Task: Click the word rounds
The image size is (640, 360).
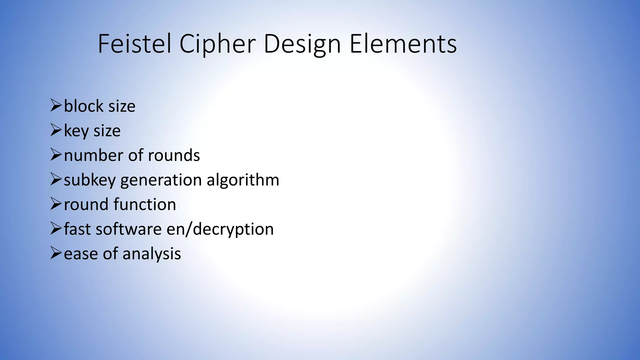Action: click(x=174, y=155)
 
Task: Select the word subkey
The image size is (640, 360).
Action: click(x=90, y=180)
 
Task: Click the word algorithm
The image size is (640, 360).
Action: click(x=243, y=180)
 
